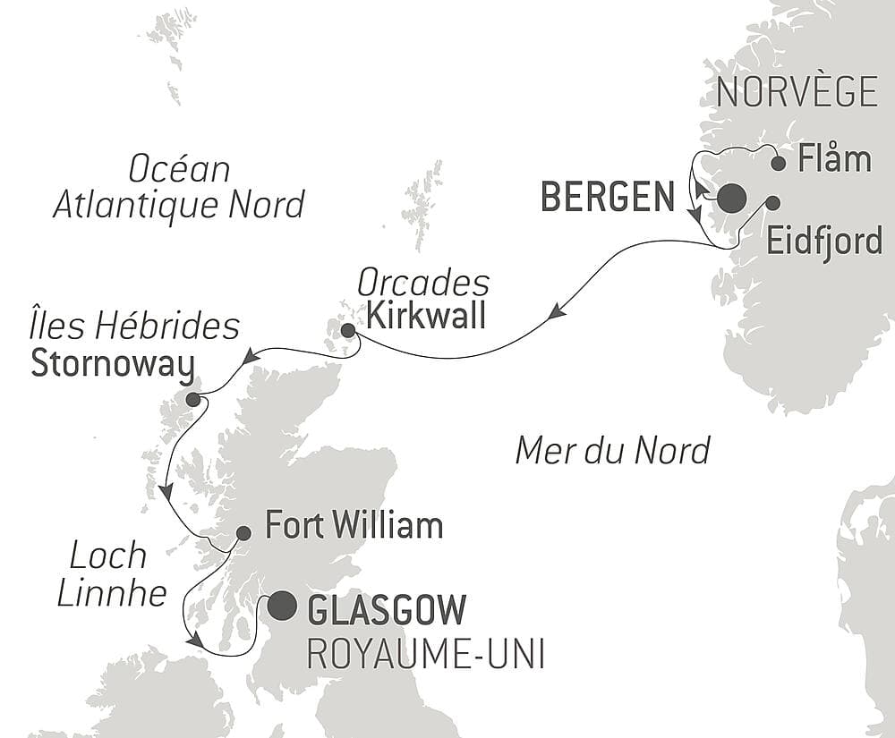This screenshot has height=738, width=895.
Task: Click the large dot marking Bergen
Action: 731,198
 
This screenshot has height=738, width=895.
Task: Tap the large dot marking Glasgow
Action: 282,606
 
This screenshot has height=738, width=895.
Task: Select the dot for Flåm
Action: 779,163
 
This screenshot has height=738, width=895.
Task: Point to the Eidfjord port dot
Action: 771,202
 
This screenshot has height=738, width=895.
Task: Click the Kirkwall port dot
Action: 347,331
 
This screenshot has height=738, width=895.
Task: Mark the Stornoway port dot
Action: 192,399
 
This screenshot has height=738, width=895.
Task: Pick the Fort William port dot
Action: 243,533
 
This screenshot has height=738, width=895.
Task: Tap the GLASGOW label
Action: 387,610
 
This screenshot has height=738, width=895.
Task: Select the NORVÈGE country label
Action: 797,92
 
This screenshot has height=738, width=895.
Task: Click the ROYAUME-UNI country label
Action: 425,654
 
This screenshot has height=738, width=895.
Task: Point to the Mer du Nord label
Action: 612,450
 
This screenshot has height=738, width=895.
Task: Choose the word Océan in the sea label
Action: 179,168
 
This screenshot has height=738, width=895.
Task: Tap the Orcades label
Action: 423,284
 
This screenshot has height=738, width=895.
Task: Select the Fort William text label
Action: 354,525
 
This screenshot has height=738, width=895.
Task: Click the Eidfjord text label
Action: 824,242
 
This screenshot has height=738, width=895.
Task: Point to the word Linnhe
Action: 112,593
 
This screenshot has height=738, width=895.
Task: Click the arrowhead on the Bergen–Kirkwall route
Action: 557,311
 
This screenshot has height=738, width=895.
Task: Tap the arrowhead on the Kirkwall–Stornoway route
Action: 251,357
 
